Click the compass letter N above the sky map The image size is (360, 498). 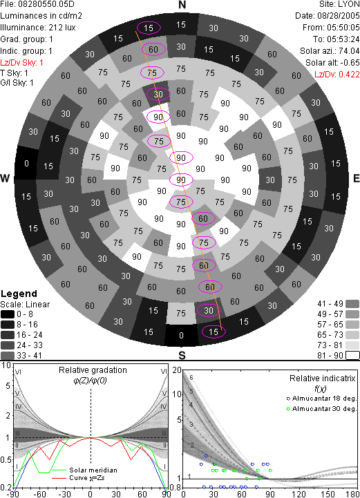[182, 5]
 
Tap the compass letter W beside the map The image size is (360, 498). [5, 178]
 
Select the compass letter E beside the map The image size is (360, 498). [356, 178]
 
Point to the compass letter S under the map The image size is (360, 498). [182, 355]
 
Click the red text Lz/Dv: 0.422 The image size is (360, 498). [337, 75]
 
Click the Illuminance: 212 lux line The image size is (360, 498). [38, 28]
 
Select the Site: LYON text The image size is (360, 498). [339, 4]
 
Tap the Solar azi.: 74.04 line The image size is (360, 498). [330, 51]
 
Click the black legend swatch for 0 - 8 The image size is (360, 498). [8, 314]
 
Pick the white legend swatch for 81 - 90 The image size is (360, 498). [352, 355]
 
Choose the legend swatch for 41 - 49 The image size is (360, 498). [352, 304]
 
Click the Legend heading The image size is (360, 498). [19, 294]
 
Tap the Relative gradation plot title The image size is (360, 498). [93, 370]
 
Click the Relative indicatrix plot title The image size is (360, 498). [323, 379]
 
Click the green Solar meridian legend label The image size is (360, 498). [93, 470]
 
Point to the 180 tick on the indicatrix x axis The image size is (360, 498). [353, 494]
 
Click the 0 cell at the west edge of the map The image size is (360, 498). [27, 163]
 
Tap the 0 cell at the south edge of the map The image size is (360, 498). [181, 336]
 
